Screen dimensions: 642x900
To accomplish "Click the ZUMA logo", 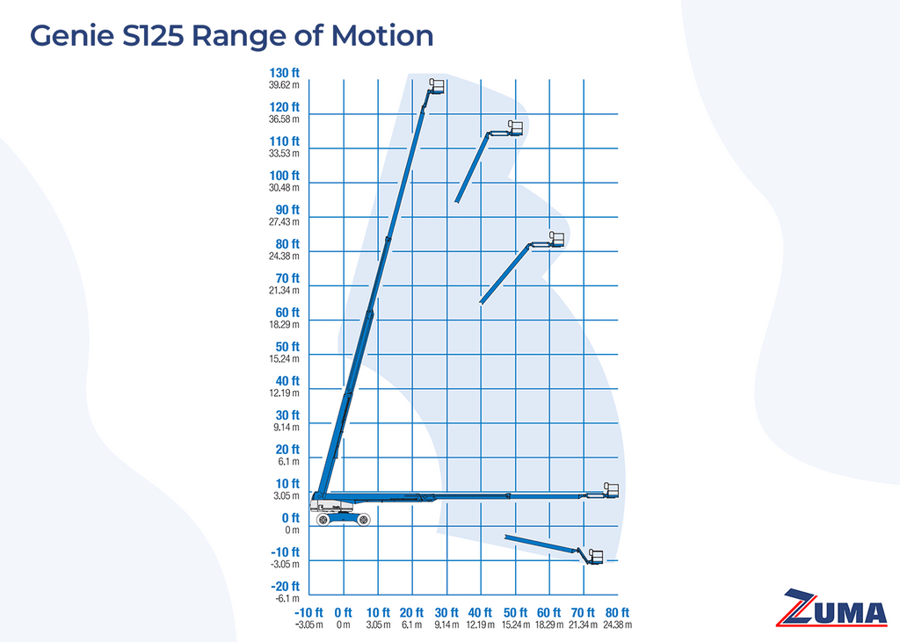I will pyautogui.click(x=835, y=608).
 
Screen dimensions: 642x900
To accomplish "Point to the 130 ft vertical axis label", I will pyautogui.click(x=285, y=73).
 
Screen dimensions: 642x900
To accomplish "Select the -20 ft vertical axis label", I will pyautogui.click(x=285, y=587).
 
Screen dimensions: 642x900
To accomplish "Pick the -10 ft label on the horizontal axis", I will pyautogui.click(x=308, y=612).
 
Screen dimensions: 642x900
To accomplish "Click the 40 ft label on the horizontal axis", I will pyautogui.click(x=481, y=612).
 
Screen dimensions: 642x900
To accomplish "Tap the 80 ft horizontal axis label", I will pyautogui.click(x=618, y=612).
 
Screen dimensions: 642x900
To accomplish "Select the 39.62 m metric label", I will pyautogui.click(x=285, y=85).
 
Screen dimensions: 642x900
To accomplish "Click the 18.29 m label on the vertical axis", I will pyautogui.click(x=285, y=324).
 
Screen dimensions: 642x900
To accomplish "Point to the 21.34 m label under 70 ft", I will pyautogui.click(x=584, y=624).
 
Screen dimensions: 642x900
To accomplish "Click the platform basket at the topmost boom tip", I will pyautogui.click(x=437, y=86).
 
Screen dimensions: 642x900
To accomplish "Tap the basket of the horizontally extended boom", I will pyautogui.click(x=611, y=490).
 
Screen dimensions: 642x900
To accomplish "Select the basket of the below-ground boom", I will pyautogui.click(x=595, y=556).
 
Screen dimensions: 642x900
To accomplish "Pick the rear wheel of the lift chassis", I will pyautogui.click(x=324, y=519).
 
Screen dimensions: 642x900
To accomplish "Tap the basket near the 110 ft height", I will pyautogui.click(x=516, y=128).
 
